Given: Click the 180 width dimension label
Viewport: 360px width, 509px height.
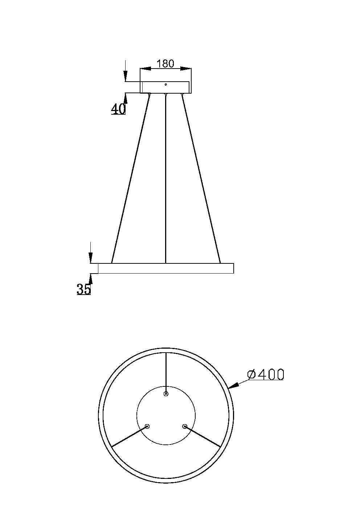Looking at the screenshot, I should click(x=165, y=63).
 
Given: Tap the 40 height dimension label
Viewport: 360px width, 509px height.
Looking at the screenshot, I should click(x=118, y=109).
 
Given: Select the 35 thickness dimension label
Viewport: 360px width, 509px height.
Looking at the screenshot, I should click(x=83, y=289).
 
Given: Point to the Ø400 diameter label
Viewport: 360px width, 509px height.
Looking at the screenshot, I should click(x=265, y=374).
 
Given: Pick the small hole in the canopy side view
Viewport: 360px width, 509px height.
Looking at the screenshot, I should click(x=165, y=85).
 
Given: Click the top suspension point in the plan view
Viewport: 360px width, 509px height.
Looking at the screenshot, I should click(x=166, y=394).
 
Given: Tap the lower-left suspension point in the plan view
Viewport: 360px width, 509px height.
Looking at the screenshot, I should click(x=147, y=426).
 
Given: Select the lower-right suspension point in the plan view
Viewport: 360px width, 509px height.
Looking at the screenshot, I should click(x=185, y=426).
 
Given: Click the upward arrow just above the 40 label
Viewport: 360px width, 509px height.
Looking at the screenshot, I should click(x=126, y=97).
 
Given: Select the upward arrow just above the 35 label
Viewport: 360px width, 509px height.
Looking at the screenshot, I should click(x=91, y=278).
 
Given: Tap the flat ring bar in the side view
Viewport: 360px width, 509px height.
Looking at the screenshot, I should click(x=165, y=268).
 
